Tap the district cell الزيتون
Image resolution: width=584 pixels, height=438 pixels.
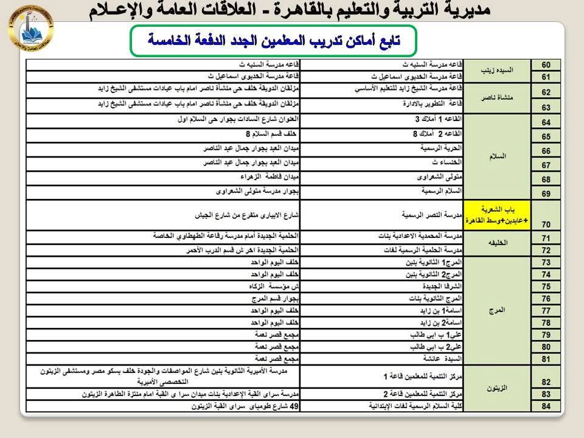498,388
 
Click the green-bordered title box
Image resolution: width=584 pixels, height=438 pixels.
275,40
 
